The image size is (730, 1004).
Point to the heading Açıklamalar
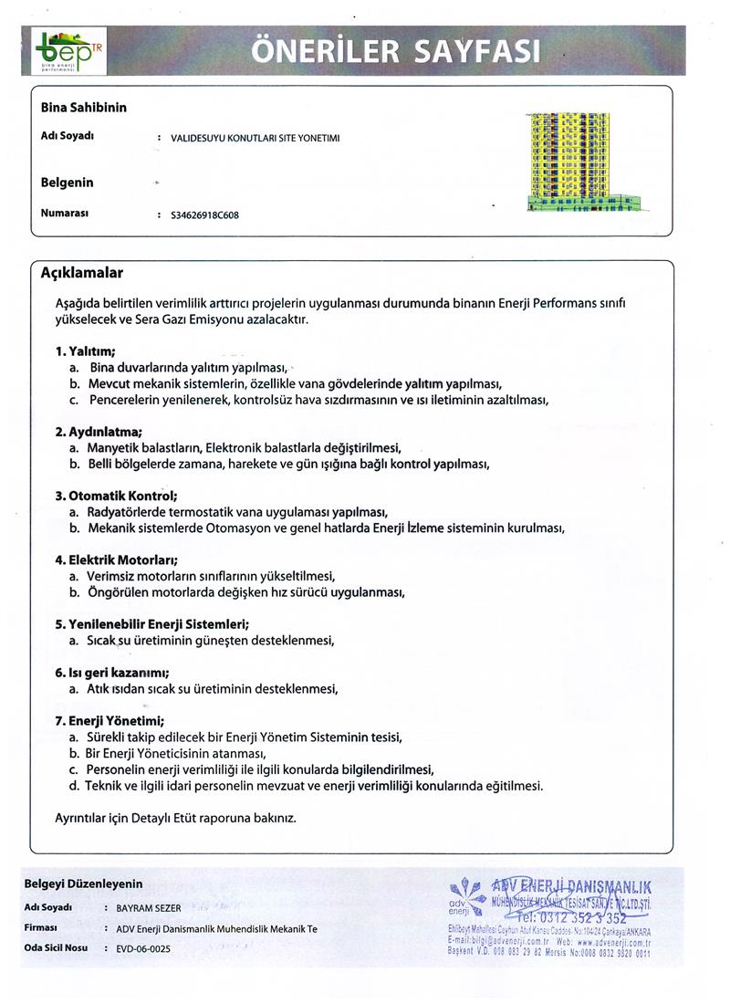click(x=82, y=273)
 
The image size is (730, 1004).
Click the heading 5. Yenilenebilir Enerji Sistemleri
click(x=152, y=624)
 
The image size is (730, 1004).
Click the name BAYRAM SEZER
click(x=149, y=908)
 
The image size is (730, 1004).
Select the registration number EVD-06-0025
click(x=143, y=948)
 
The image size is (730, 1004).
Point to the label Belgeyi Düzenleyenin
click(x=83, y=884)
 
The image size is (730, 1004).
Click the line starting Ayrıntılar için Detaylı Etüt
click(x=176, y=818)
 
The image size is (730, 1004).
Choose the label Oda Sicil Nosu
click(x=56, y=948)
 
